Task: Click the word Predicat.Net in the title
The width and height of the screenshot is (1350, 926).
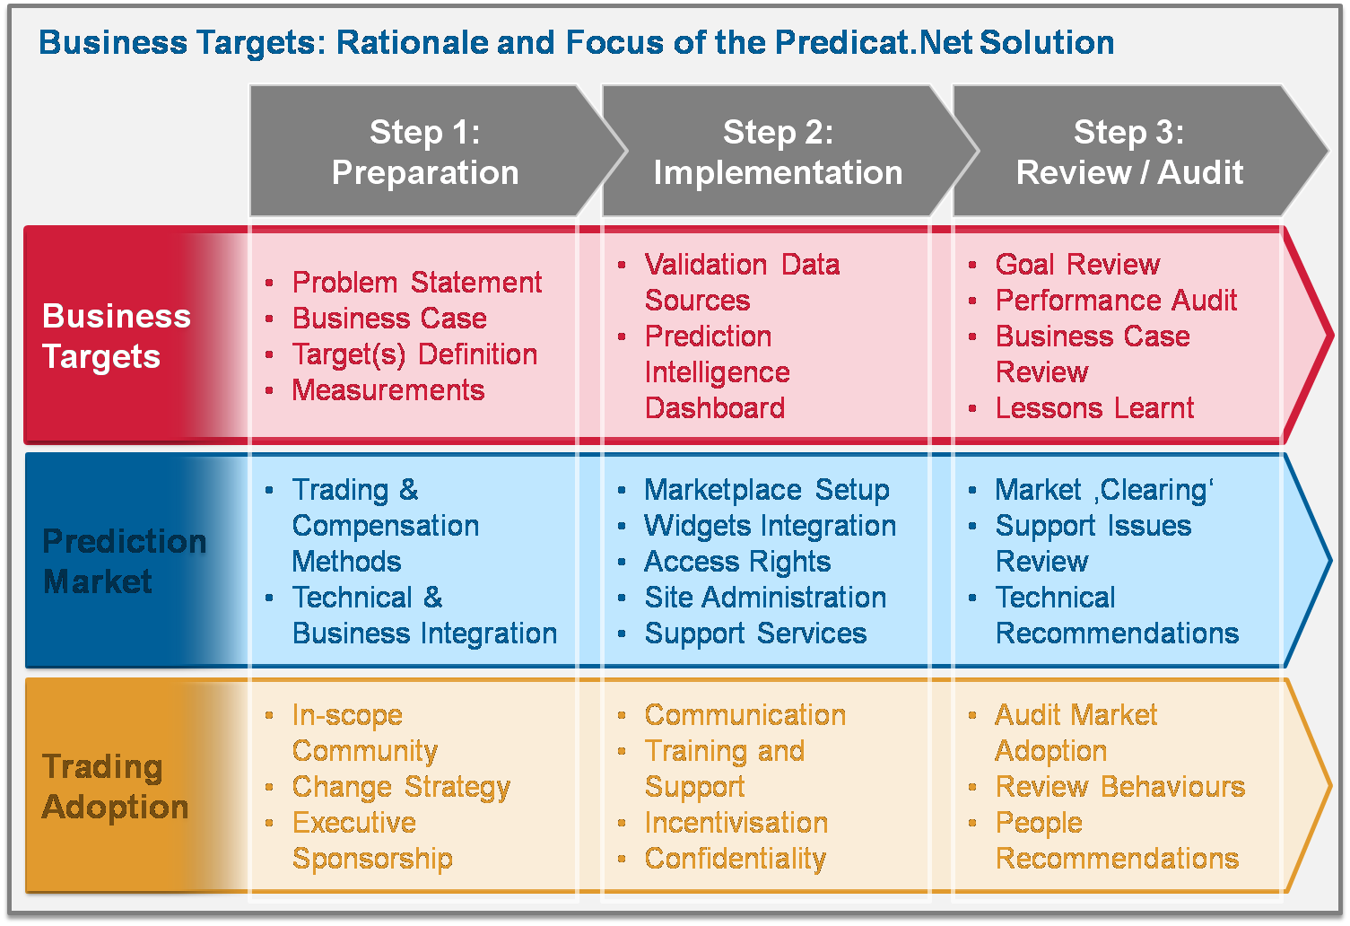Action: click(x=874, y=42)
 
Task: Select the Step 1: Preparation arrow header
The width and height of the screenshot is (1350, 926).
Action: click(x=425, y=151)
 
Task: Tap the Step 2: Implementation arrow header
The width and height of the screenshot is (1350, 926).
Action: click(x=778, y=151)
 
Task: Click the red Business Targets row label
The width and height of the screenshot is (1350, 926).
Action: click(x=117, y=336)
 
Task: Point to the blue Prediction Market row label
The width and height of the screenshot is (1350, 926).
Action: click(x=124, y=561)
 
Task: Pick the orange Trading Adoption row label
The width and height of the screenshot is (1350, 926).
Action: click(x=115, y=786)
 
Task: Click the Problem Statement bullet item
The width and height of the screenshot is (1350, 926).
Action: click(x=417, y=282)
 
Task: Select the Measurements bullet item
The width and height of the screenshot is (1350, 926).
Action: click(x=388, y=390)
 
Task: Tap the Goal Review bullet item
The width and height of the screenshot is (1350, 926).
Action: click(x=1077, y=264)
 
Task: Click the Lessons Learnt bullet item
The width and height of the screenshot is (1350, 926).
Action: click(x=1094, y=408)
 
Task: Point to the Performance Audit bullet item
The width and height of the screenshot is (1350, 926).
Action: click(x=1116, y=301)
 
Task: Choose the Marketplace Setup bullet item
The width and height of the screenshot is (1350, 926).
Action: click(x=767, y=490)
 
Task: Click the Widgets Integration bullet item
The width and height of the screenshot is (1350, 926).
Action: click(x=771, y=526)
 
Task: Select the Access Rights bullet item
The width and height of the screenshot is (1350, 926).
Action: click(x=737, y=562)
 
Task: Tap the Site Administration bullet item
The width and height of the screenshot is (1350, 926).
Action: click(x=765, y=598)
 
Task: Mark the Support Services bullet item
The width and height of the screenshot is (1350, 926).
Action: click(x=755, y=633)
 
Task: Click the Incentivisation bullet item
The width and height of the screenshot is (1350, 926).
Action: click(x=736, y=823)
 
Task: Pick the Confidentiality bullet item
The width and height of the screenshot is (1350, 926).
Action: click(x=735, y=859)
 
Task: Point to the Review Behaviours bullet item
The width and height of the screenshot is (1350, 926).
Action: click(x=1119, y=787)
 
